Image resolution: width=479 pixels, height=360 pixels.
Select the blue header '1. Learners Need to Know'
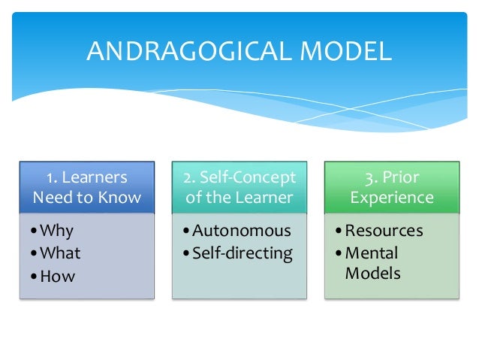point(86,188)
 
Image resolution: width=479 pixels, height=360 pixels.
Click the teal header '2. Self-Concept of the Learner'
point(239,188)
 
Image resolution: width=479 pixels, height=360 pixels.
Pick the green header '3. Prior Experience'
point(392,188)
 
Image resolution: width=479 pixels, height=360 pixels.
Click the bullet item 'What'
point(61,253)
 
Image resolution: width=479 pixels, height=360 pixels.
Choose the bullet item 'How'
point(58,276)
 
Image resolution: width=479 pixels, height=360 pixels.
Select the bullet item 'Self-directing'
point(241,253)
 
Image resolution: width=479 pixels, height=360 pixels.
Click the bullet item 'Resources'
point(384,230)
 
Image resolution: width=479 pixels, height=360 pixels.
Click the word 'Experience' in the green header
point(392,198)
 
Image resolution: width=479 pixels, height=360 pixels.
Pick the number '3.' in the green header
point(369,178)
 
